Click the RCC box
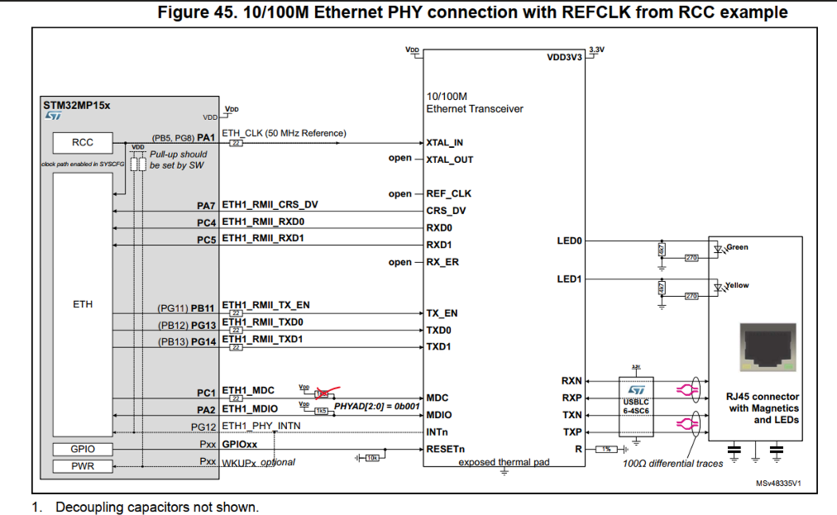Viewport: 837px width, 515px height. (83, 142)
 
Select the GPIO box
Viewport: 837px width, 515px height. (83, 449)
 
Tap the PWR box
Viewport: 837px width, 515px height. (83, 466)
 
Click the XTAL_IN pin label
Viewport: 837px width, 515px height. (444, 142)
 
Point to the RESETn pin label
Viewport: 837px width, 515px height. (445, 449)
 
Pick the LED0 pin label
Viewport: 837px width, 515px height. (570, 241)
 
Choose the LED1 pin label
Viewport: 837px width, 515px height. (570, 279)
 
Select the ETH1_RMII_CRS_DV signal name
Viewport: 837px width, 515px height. (270, 204)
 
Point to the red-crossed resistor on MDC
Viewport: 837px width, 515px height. (322, 392)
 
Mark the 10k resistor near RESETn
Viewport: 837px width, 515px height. (373, 456)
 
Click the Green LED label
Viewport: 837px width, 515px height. (738, 246)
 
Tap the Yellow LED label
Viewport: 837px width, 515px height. (738, 285)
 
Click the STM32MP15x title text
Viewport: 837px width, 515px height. (76, 106)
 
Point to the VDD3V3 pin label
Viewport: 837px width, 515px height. (565, 59)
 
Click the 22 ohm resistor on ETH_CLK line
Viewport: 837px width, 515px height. (237, 143)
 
